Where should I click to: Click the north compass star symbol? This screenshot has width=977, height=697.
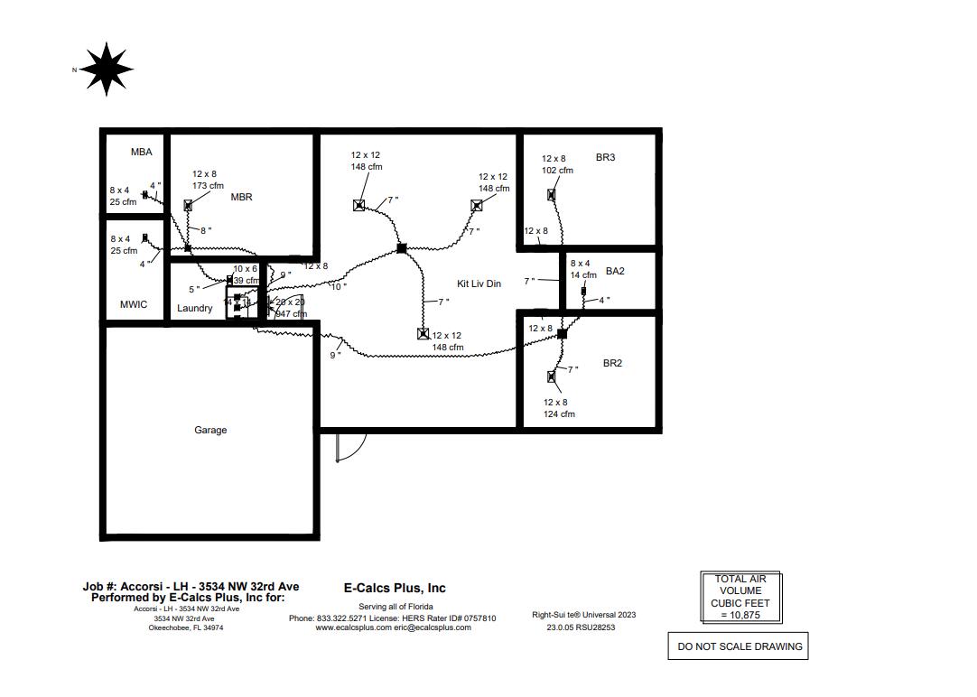(x=107, y=69)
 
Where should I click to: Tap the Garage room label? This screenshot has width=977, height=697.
(x=210, y=431)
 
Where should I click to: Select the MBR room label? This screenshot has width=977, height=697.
(x=241, y=197)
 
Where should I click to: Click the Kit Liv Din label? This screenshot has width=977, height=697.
(x=479, y=284)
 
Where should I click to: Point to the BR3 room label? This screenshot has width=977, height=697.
(x=605, y=158)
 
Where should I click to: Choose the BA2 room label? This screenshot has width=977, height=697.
(x=615, y=272)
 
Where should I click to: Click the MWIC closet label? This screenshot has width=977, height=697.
(x=134, y=305)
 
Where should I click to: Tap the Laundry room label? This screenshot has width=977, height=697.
(x=195, y=309)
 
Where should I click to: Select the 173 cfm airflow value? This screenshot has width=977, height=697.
(x=208, y=186)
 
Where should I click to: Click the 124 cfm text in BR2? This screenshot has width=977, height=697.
(x=559, y=414)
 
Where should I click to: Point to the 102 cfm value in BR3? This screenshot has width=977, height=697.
(x=557, y=171)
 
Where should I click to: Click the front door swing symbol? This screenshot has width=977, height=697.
(x=350, y=446)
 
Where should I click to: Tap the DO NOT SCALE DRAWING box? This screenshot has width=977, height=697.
(x=739, y=646)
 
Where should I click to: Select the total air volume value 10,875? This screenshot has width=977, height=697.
(x=740, y=615)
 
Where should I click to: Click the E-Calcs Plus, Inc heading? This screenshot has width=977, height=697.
(x=395, y=588)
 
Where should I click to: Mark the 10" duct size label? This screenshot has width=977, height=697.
(x=338, y=286)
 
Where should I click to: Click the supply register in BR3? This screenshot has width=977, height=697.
(x=551, y=194)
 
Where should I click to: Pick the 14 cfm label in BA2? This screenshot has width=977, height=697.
(x=583, y=275)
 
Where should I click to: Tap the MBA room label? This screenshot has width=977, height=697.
(x=141, y=153)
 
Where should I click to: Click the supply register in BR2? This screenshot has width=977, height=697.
(x=552, y=376)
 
